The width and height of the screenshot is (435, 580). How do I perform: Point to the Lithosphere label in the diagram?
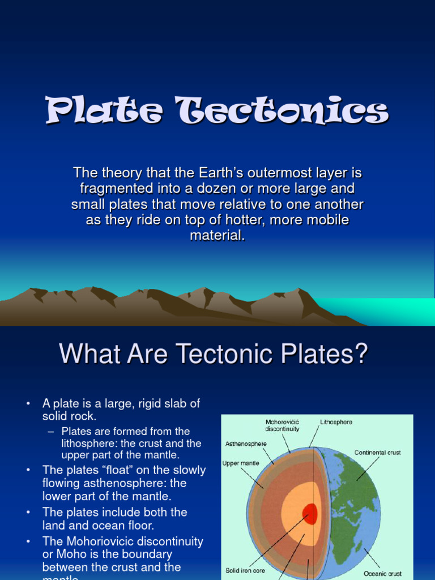point(336,423)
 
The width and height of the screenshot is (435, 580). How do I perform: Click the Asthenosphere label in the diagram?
point(246,444)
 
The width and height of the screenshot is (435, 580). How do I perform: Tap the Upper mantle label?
point(241,463)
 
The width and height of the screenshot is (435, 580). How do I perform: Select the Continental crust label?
point(377,453)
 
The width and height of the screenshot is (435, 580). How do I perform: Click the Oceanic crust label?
point(382,574)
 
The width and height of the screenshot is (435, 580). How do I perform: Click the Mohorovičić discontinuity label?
point(282,425)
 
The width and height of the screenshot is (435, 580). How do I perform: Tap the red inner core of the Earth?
point(309,514)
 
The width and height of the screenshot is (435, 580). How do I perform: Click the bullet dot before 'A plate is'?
point(27,404)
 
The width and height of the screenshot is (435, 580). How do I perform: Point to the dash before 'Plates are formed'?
point(51,432)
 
